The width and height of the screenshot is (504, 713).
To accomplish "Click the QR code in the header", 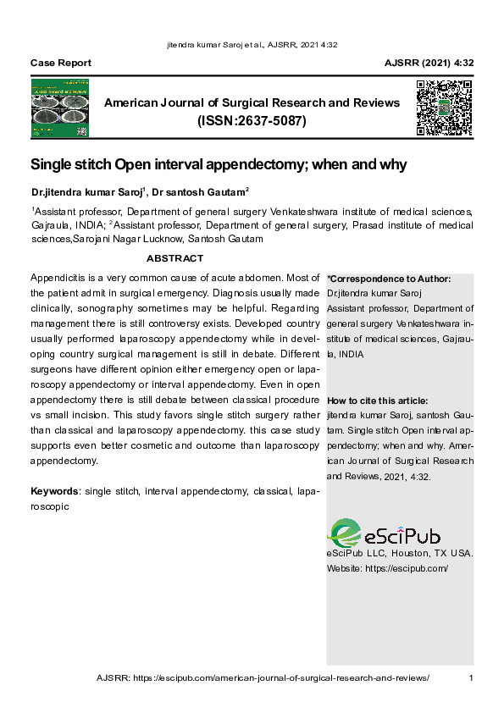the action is point(443,108).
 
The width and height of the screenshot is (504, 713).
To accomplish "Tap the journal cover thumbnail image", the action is point(60,108).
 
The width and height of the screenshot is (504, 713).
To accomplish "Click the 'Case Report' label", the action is point(61,64).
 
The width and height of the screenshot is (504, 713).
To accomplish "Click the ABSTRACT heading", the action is point(174,258).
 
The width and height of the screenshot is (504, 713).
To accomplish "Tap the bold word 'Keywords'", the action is point(55,491).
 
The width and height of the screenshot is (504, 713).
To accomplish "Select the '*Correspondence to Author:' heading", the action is point(389,279).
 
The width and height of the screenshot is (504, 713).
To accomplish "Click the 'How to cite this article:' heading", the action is point(377,401).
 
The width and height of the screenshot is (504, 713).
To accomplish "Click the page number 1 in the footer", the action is point(471,678).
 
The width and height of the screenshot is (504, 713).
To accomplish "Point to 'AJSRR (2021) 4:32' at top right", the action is point(429,64).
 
